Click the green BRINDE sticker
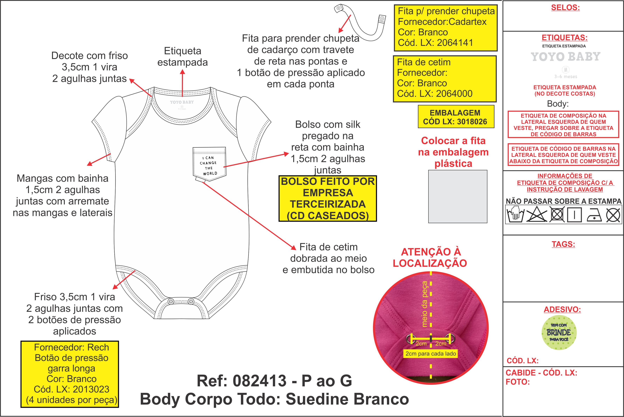coord(559,332)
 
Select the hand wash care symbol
coord(515,214)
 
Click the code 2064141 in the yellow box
coord(455,43)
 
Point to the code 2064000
coord(454,94)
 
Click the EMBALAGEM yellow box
coord(456,117)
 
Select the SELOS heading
coord(565,8)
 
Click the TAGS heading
coord(563,244)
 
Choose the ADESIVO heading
coord(562,309)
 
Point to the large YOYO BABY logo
coord(566,57)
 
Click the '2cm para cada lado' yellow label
coord(431,354)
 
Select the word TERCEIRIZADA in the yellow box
coord(328,204)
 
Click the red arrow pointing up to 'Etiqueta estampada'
coord(182,83)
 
